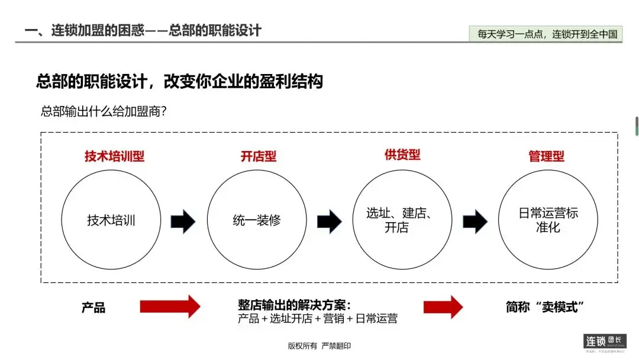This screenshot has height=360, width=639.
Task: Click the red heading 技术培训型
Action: [x=114, y=156]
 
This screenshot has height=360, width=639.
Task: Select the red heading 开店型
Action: [x=259, y=156]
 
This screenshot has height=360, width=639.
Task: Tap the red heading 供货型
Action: [x=402, y=155]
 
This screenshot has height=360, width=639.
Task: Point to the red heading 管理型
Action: [x=546, y=156]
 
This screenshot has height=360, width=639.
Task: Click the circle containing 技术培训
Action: [x=111, y=220]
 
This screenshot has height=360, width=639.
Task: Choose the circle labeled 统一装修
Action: [x=257, y=220]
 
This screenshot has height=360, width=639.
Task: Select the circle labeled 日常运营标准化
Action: [x=547, y=220]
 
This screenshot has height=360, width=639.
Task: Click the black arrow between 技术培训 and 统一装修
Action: [x=183, y=221]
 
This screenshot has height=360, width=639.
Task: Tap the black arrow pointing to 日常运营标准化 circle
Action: [x=475, y=221]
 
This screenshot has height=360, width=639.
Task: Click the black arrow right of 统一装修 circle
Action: [x=329, y=221]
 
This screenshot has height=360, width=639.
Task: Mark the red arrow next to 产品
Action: [x=170, y=307]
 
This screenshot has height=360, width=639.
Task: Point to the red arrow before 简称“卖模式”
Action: [x=443, y=307]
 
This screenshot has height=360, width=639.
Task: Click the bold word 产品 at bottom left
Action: [x=93, y=307]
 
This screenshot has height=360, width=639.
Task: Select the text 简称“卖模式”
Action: [x=545, y=307]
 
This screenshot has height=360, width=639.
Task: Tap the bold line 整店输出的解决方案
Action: [x=294, y=305]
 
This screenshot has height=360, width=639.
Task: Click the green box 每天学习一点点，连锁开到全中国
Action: [x=547, y=34]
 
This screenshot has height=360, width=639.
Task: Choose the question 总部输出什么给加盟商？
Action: [x=103, y=111]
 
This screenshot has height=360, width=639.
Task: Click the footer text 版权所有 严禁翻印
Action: [x=319, y=346]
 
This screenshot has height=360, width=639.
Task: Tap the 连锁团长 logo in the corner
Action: [x=605, y=343]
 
